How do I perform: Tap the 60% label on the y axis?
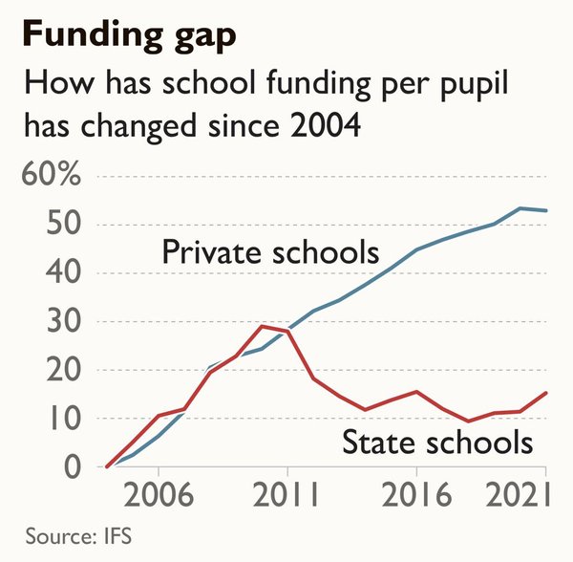[52, 175]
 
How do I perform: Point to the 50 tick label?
[63, 223]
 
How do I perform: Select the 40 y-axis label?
[63, 271]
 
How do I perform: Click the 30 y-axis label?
[63, 320]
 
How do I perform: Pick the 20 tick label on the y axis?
[63, 369]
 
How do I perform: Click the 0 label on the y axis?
[72, 467]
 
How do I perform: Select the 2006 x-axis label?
[159, 494]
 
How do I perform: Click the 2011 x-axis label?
[286, 494]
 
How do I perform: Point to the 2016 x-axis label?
[416, 494]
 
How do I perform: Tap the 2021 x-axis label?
[518, 494]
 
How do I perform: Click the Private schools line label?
[270, 252]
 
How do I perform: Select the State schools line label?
[437, 442]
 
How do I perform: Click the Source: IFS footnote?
[78, 536]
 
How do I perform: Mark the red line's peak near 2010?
[262, 326]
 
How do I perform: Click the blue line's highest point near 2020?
[520, 208]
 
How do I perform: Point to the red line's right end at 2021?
[546, 393]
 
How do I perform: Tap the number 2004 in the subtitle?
[326, 125]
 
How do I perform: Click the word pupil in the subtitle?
[474, 85]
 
